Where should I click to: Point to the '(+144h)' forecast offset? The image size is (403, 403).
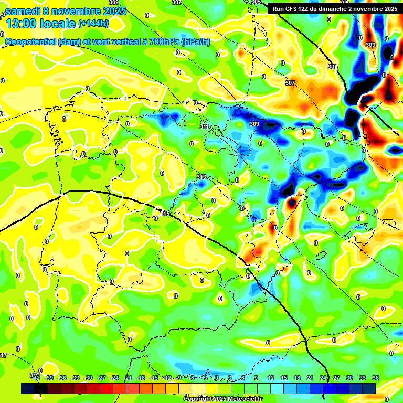94,24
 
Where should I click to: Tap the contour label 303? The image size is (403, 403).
370,45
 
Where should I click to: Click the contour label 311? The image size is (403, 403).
205,126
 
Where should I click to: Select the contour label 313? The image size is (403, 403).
201,177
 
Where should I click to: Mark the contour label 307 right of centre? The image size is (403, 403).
290,83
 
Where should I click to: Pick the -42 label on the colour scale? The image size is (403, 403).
36,378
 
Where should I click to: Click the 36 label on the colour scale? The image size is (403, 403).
375,378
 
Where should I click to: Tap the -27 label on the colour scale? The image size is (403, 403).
101,378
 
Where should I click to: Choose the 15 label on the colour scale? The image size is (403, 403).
284,378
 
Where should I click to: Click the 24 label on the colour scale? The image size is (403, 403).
322,378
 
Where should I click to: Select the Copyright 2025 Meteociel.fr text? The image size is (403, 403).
222,399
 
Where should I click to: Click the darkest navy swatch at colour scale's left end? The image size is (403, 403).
28,388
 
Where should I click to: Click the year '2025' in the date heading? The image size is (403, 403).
115,11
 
